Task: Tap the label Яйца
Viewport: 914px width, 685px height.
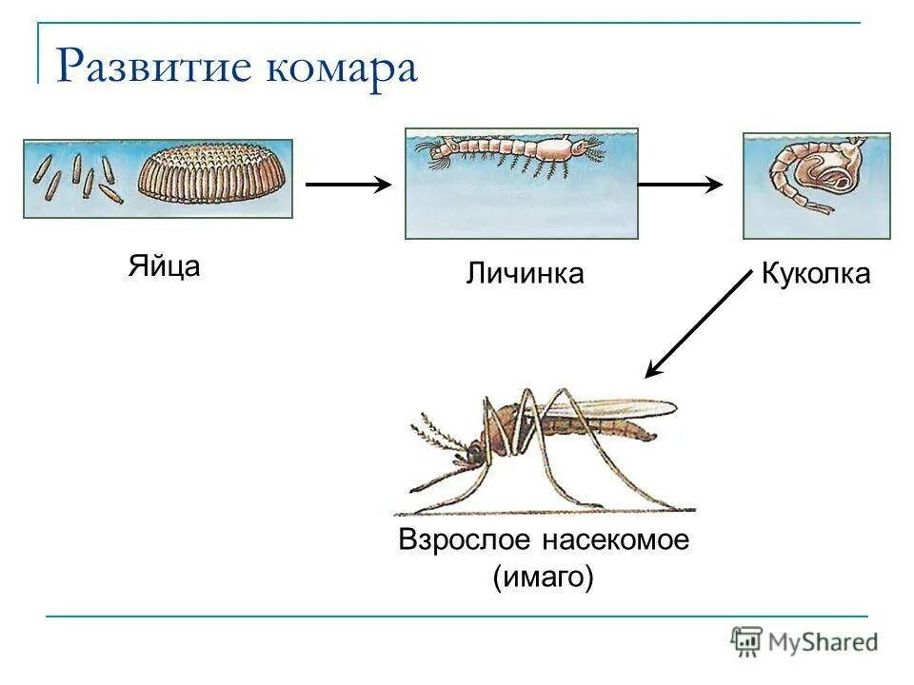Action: click(x=164, y=265)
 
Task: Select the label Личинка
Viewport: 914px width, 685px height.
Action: click(x=525, y=274)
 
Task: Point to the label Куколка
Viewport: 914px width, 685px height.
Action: click(x=816, y=274)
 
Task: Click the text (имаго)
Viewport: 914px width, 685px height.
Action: click(x=544, y=576)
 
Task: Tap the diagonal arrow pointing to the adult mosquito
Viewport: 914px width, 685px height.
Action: click(x=698, y=323)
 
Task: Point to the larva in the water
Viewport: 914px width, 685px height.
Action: click(x=509, y=152)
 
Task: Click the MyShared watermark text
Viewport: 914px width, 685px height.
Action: click(x=824, y=641)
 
